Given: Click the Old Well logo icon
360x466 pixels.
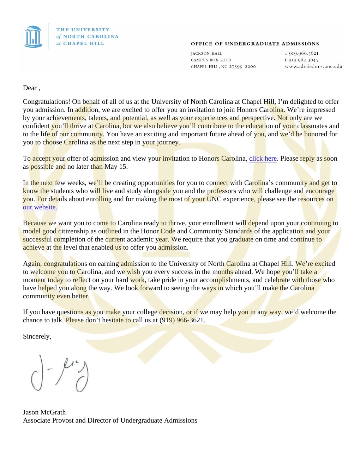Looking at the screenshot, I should (x=33, y=36).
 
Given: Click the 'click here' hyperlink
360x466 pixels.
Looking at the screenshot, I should (x=263, y=159).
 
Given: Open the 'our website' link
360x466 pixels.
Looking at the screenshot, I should (x=40, y=207).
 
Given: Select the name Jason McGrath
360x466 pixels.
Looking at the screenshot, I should (x=44, y=412).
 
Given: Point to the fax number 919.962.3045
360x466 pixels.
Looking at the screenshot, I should (x=303, y=60).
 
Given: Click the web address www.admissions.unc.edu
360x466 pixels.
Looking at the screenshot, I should (x=313, y=66).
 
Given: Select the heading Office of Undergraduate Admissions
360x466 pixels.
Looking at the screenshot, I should (x=255, y=44).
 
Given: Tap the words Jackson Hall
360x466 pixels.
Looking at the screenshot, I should (x=206, y=54).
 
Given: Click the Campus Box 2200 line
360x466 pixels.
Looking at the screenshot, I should (x=211, y=60).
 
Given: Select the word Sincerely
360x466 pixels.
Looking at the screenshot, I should (x=37, y=336).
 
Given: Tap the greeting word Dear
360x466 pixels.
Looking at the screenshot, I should (x=30, y=88).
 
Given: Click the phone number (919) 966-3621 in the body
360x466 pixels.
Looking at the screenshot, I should (x=182, y=320).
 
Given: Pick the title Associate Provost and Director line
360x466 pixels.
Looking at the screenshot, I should (x=110, y=420).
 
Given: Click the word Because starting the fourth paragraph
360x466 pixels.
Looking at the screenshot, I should (x=35, y=223).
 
